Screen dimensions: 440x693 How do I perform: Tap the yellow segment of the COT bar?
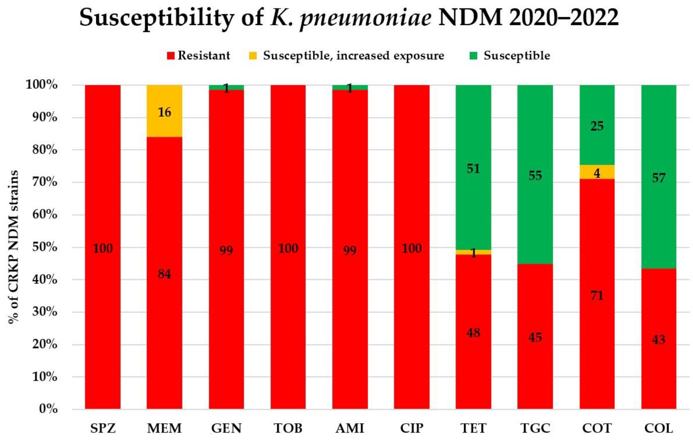coord(597,172)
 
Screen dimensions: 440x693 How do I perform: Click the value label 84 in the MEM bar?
coord(164,274)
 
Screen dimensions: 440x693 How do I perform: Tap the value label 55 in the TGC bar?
coord(535,175)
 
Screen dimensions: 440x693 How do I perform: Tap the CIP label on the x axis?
coord(412,428)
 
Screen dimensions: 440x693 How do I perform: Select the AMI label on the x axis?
coord(350,428)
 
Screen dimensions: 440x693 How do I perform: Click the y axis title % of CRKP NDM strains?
coord(13,247)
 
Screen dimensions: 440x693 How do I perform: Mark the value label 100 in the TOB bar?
coord(288,248)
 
